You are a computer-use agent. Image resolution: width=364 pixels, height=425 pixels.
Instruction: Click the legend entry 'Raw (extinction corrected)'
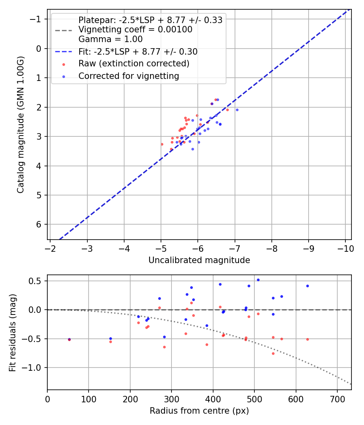click(x=133, y=64)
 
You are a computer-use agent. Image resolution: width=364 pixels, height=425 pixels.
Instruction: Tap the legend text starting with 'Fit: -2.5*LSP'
click(x=138, y=52)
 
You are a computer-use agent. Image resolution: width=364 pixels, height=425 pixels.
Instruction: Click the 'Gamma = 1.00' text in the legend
click(x=110, y=39)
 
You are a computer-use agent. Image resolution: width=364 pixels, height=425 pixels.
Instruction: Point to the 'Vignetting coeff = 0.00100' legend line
click(x=135, y=30)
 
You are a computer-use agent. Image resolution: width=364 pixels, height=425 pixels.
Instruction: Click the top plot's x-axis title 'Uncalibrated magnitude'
click(x=199, y=260)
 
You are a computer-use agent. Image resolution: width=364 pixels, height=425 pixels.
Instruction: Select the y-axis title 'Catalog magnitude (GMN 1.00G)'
click(x=21, y=125)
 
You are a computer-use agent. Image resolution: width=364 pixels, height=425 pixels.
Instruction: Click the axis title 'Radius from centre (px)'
click(x=199, y=411)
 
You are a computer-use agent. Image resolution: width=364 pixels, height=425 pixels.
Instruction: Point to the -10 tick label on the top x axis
click(x=345, y=247)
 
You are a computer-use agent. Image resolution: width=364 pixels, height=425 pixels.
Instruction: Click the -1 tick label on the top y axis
click(x=36, y=19)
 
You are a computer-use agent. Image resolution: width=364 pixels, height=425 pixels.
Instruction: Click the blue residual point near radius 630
click(x=307, y=286)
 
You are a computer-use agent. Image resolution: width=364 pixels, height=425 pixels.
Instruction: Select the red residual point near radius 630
click(x=307, y=339)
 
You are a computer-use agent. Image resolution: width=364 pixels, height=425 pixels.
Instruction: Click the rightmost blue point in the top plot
click(x=237, y=110)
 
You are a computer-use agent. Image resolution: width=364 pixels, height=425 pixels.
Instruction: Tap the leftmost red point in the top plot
click(x=162, y=144)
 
